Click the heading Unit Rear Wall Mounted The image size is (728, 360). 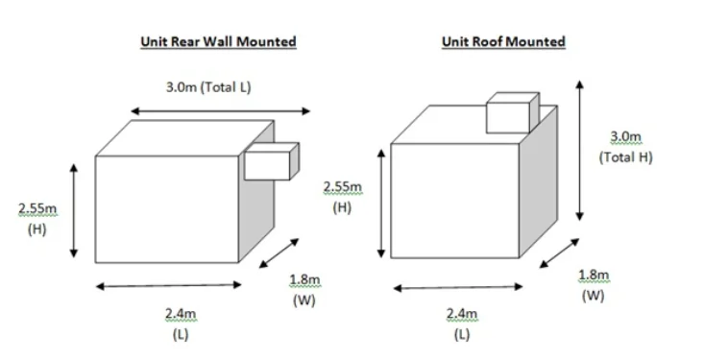point(218,41)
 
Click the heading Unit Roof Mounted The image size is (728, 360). point(503,41)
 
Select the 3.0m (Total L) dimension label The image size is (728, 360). point(208,87)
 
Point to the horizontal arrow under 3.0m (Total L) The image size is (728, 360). point(221,111)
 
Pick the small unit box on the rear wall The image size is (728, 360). point(271,160)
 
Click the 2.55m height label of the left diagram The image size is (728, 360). point(37,218)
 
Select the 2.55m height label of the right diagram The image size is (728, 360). point(343,196)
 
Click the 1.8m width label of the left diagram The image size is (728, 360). point(304,290)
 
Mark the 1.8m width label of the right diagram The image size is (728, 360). point(593,285)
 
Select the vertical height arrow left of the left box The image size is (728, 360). point(74,210)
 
